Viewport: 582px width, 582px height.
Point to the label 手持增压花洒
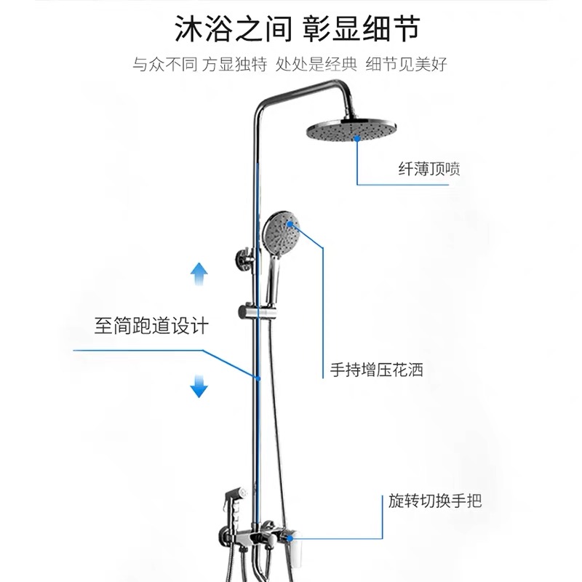point(377,370)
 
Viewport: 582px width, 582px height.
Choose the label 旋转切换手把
point(435,501)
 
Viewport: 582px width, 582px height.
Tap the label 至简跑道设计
point(151,325)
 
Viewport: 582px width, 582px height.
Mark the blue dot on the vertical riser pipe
point(257,377)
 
